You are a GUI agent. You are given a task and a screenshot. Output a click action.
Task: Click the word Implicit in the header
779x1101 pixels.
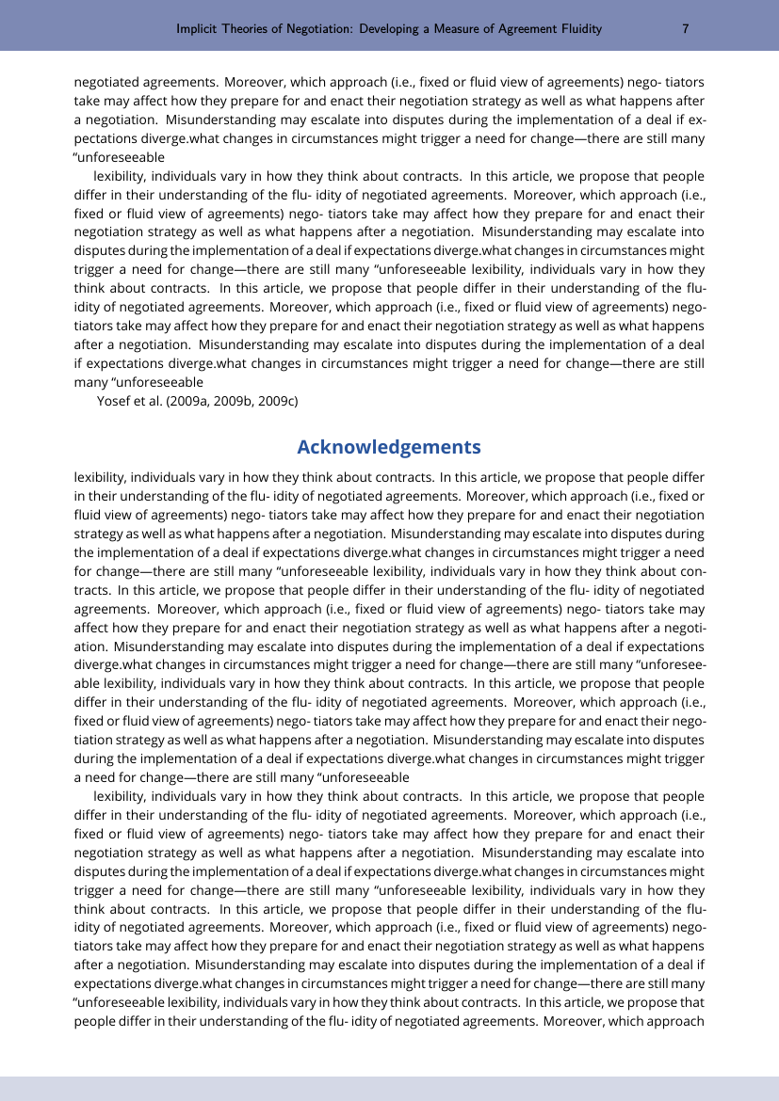tap(198, 29)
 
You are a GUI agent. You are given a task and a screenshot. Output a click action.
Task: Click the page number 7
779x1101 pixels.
tap(686, 29)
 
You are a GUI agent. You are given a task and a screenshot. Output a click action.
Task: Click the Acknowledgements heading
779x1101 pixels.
tap(389, 447)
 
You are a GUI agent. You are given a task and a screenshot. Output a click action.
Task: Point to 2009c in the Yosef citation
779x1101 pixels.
tap(276, 402)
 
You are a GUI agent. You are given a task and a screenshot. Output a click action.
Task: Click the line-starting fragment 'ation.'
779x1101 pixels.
tap(91, 646)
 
